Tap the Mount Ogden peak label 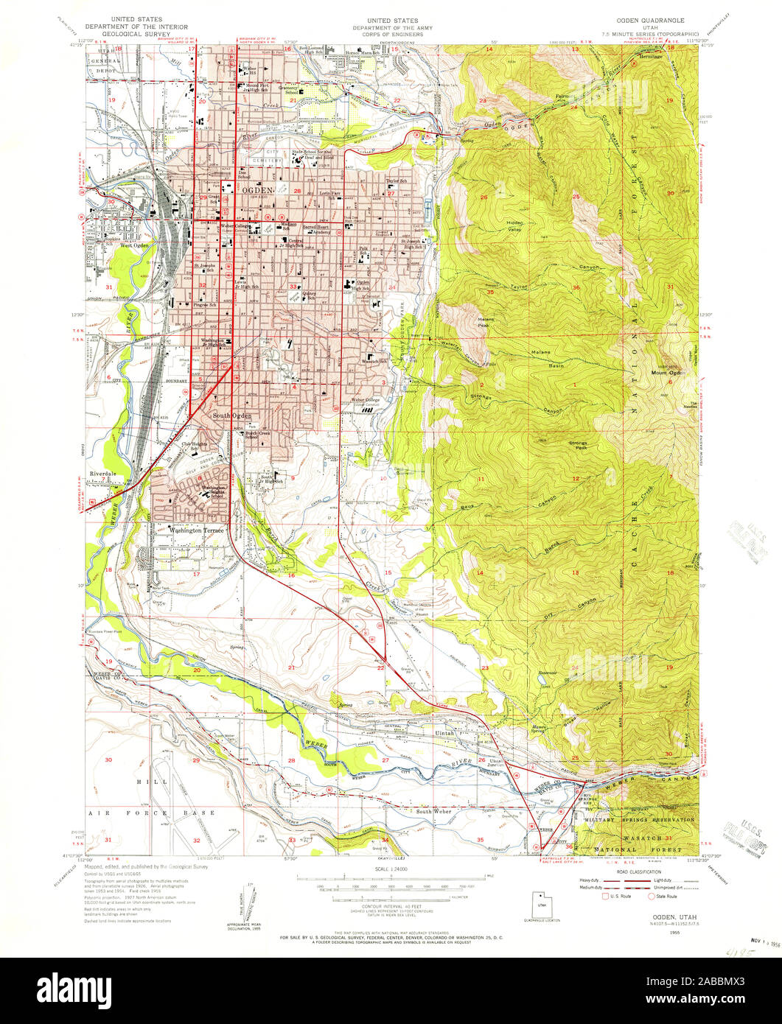pos(668,373)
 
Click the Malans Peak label pos(485,322)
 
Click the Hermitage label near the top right pos(650,56)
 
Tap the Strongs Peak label pos(578,445)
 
